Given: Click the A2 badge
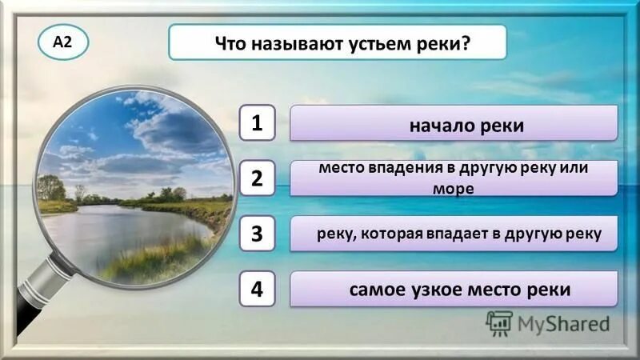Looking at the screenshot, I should pos(62,43).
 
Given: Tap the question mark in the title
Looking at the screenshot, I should pos(465,43).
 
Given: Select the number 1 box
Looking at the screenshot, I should pos(257,123).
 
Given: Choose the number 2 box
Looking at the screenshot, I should pos(257,178).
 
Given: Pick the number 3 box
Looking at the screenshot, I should pos(257,234).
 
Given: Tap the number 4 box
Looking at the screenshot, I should pos(257,289).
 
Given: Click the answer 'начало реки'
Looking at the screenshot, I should pos(454,124).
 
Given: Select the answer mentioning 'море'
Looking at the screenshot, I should pos(454,178).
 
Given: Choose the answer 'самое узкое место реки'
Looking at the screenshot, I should pos(454,289).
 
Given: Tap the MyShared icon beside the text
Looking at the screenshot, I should pos(499,323).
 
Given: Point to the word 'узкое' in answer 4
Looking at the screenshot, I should pos(436,290).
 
